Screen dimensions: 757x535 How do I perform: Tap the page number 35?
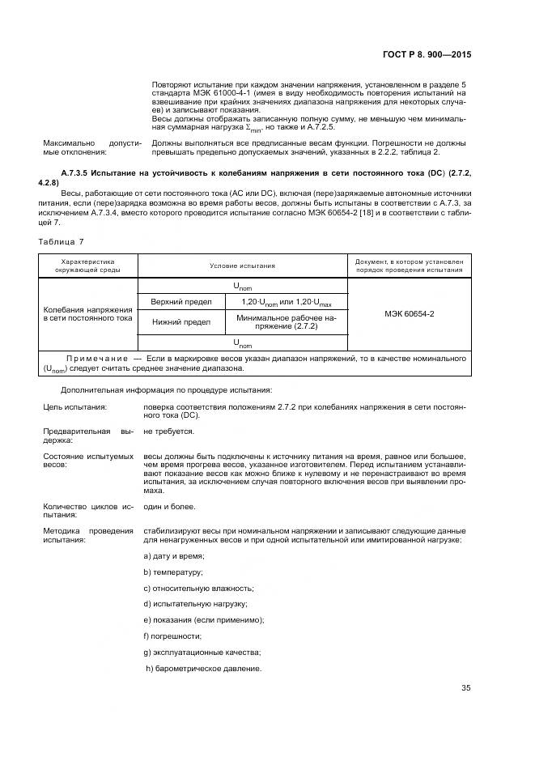(465, 688)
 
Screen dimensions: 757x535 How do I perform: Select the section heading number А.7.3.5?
(80, 174)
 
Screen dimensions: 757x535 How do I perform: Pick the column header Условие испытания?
(242, 266)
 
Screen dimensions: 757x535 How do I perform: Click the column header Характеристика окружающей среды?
(88, 266)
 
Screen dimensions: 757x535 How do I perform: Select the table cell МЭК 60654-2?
(409, 313)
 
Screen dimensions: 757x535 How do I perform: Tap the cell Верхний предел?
(181, 302)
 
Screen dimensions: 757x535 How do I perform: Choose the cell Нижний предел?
(181, 322)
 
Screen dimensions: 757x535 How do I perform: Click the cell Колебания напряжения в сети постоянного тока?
(88, 313)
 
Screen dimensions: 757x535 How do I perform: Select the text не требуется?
(168, 432)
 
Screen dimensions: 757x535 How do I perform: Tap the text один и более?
(169, 505)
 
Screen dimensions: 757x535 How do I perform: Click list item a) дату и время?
(173, 555)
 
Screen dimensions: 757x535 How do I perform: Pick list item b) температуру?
(172, 572)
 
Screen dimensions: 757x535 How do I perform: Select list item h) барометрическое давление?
(204, 668)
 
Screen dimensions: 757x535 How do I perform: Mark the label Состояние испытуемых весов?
(88, 461)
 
